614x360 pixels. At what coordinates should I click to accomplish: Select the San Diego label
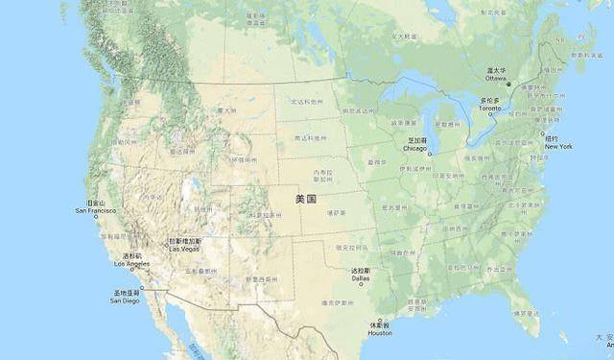pos(125,300)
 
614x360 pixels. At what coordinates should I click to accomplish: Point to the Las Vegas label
pos(186,249)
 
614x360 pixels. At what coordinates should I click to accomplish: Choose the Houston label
pos(379,332)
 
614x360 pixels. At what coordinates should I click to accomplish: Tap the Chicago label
pos(414,149)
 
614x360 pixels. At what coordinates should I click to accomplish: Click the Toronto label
pos(489,108)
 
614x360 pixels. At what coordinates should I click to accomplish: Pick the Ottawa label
pos(495,78)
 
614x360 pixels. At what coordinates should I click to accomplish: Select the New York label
pos(558,146)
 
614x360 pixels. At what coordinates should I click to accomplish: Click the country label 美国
pos(306,199)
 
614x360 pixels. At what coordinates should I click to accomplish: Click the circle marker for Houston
pos(379,321)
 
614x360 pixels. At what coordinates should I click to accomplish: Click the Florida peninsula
pos(524,312)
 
